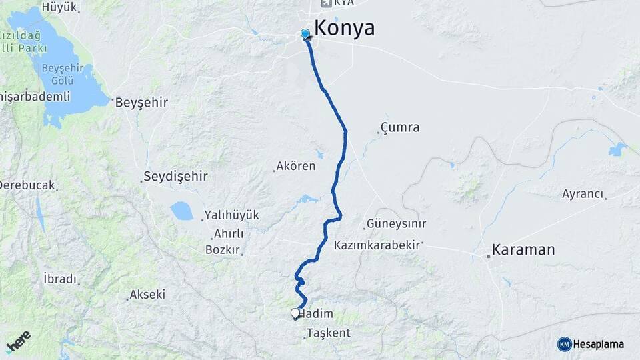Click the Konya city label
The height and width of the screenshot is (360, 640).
coord(343,28)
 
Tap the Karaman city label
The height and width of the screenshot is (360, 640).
coord(523,251)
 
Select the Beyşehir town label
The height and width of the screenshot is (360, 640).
coord(141,103)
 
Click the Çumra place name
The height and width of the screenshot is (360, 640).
coord(400,127)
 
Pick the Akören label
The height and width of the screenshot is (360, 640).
coord(297,166)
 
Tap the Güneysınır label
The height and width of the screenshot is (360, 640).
coord(396,224)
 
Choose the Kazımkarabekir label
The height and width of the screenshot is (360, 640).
coord(378,245)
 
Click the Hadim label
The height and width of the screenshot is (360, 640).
coord(317,314)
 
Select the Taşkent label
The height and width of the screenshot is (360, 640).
coord(329,333)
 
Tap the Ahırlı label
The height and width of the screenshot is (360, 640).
coord(228,234)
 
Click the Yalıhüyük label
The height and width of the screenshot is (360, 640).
coord(231,215)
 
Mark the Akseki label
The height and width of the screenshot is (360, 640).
coord(147,294)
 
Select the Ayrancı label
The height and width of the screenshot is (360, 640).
coord(582,194)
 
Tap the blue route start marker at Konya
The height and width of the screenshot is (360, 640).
coord(305,34)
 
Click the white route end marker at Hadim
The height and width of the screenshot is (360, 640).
coord(295,313)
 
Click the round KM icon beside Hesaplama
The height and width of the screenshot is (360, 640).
coord(565,344)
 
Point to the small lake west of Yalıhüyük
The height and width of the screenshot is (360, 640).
coord(181,211)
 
